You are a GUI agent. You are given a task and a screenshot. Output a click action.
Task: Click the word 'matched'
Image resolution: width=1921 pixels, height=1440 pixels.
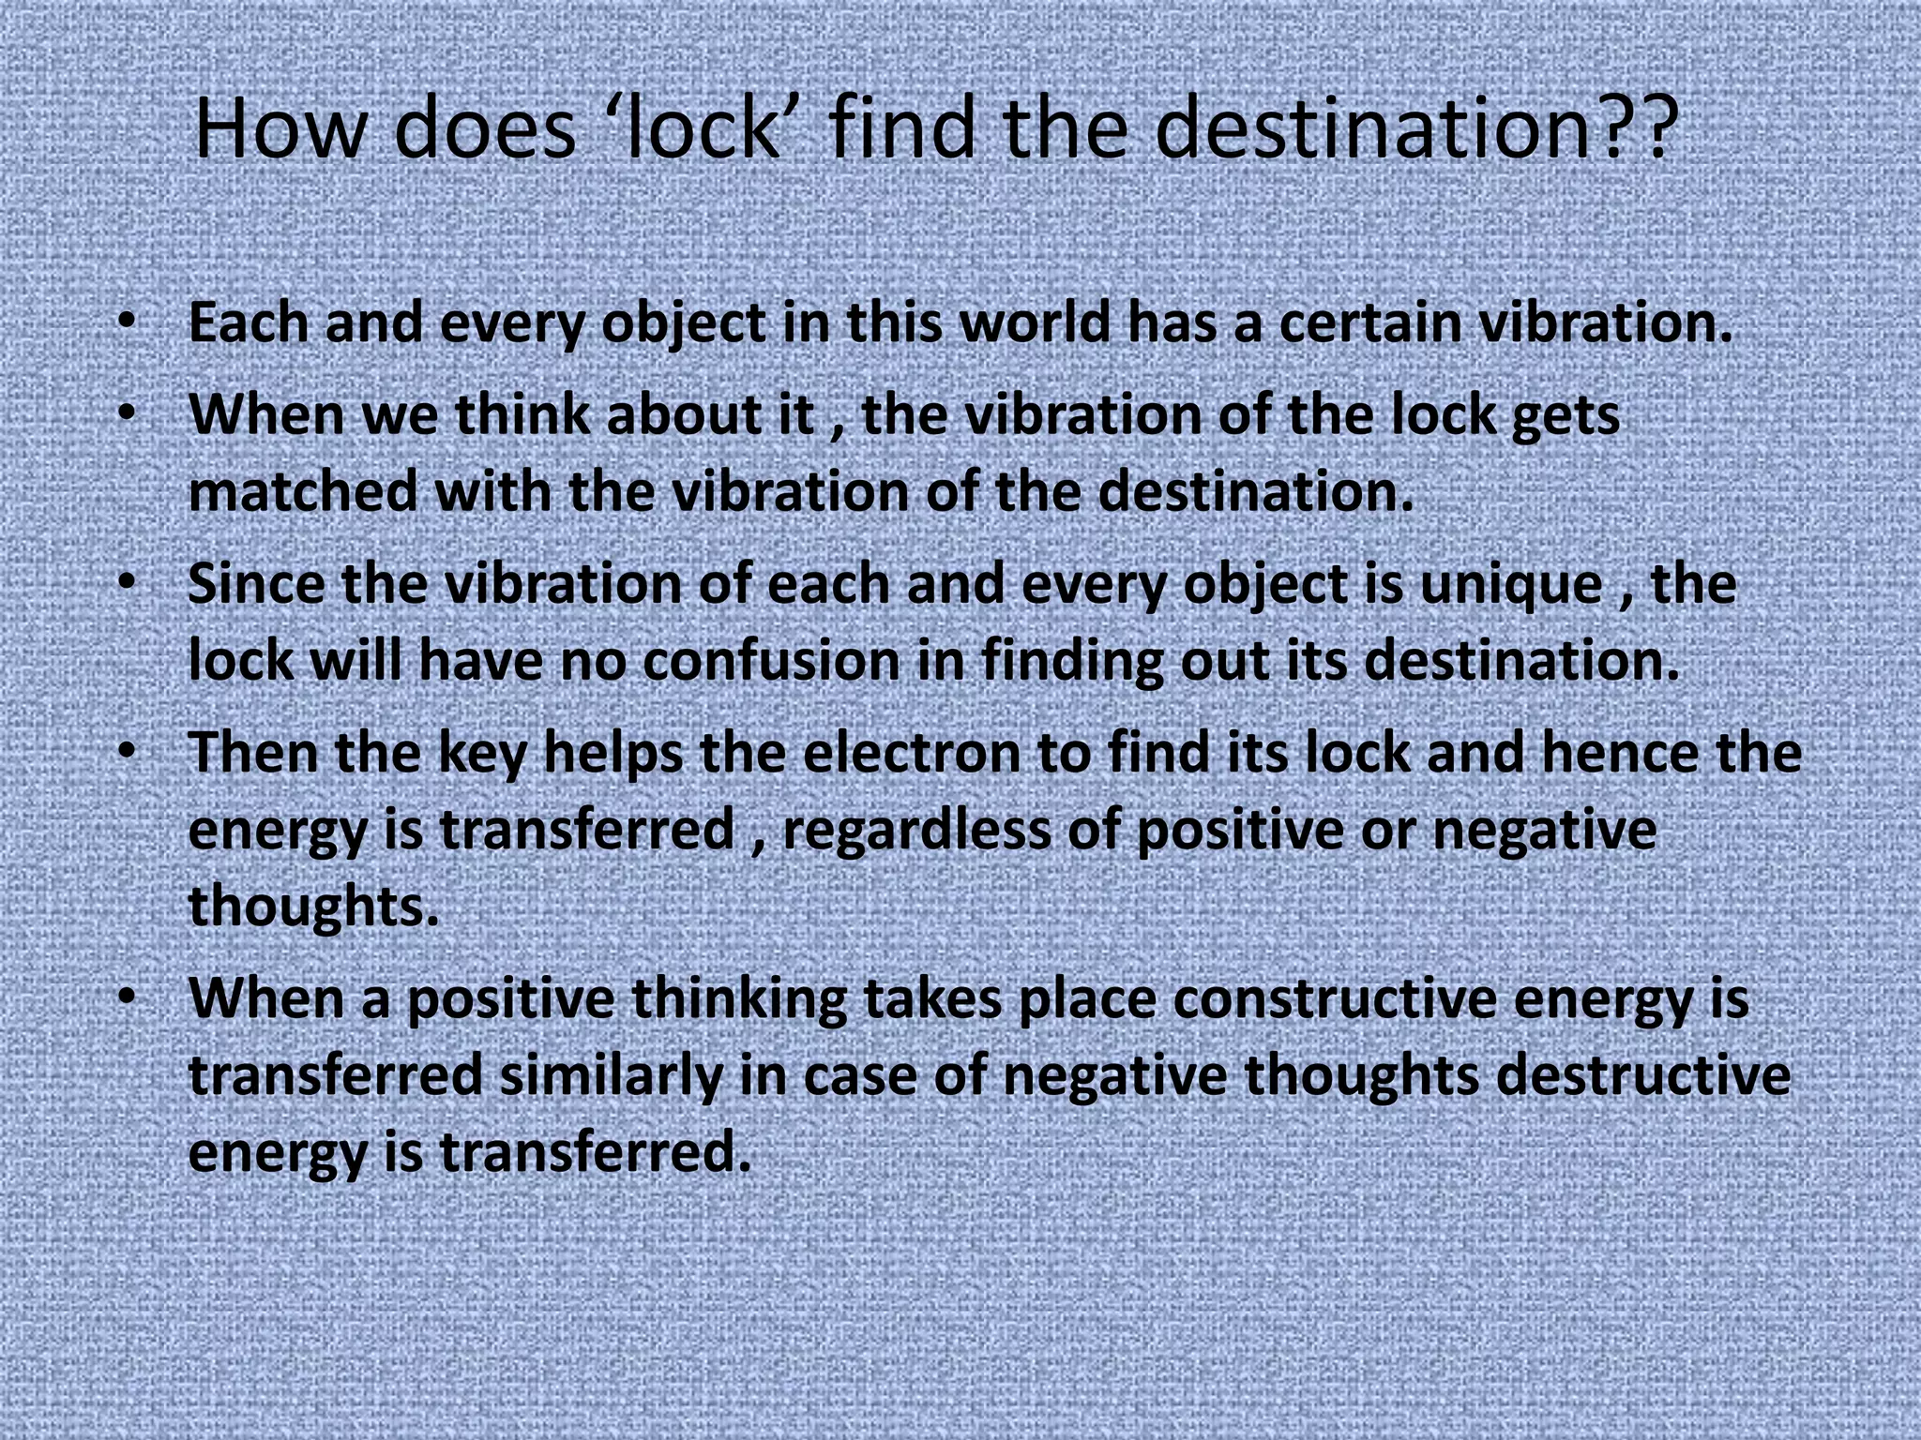click(303, 492)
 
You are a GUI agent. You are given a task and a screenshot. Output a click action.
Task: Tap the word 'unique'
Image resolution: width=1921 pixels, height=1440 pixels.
click(1511, 585)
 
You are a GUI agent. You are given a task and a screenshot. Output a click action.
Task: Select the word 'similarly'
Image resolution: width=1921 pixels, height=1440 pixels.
click(611, 1077)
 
